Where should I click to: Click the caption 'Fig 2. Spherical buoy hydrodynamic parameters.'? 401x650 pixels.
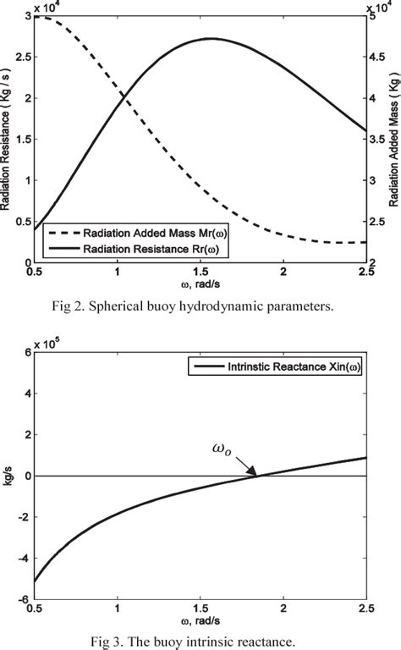coord(200,306)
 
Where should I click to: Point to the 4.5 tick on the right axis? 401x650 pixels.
coord(382,58)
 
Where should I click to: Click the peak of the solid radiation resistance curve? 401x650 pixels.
coord(211,38)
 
